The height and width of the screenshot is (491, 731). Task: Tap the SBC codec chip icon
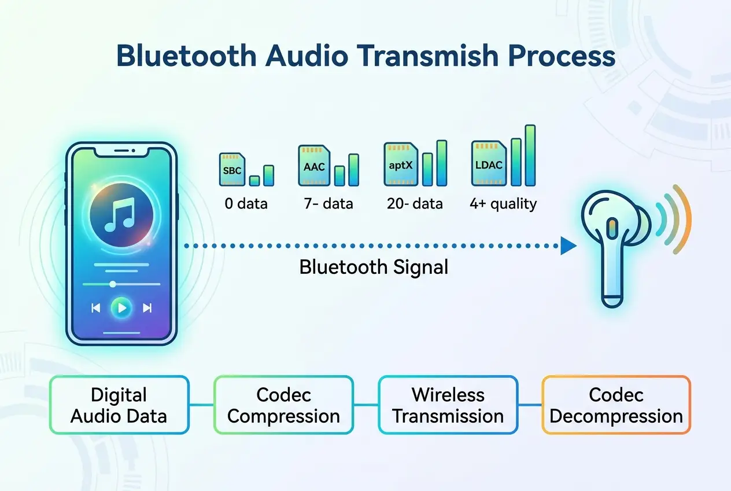tap(231, 170)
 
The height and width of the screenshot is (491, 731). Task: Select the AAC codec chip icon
tap(314, 166)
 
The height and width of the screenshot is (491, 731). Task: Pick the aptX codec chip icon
tap(401, 164)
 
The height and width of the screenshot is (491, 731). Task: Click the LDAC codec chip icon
tap(488, 164)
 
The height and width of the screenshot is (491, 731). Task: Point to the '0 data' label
tap(246, 204)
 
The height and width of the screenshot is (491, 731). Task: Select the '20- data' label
tap(416, 204)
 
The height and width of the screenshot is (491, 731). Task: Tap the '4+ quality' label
tap(503, 204)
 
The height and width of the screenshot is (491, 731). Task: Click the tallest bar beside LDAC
tap(530, 155)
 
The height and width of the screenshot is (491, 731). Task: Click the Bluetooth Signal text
tap(374, 267)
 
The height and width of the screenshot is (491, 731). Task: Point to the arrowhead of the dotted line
tap(568, 247)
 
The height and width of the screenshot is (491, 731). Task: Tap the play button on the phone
tap(121, 308)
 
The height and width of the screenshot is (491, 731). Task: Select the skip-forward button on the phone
tap(147, 308)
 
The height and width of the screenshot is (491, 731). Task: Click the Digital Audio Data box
tap(119, 405)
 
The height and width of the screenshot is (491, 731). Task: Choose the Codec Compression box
tap(283, 405)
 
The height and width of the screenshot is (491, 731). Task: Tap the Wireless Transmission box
tap(448, 405)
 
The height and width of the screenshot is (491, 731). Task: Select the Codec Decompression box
tap(616, 405)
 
